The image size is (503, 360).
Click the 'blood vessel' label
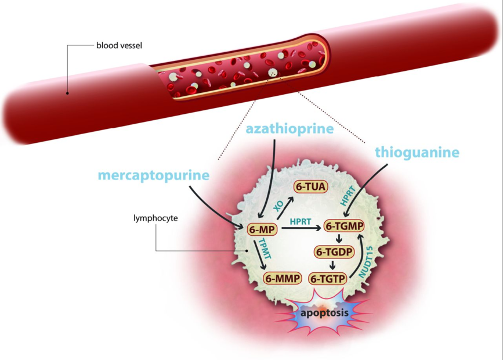(x=119, y=45)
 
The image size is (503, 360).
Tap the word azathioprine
(x=290, y=128)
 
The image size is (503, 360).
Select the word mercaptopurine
(x=153, y=175)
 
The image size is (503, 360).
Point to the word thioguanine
(x=417, y=152)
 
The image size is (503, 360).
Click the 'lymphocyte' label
(x=154, y=218)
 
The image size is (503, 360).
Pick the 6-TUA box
(x=310, y=187)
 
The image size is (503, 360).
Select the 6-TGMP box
(x=344, y=226)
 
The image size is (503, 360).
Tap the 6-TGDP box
(x=334, y=252)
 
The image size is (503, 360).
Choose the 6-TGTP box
(x=328, y=279)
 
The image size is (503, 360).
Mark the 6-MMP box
(x=283, y=279)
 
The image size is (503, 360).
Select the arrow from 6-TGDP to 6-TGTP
(x=333, y=265)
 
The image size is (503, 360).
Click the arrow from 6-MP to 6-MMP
(x=259, y=259)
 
